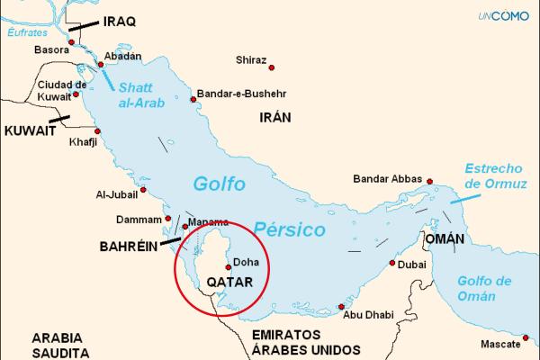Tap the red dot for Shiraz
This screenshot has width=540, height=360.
(x=272, y=66)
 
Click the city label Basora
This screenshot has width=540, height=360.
(x=50, y=49)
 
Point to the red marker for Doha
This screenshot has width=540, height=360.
(x=229, y=266)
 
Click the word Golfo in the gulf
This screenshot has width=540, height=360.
(x=219, y=184)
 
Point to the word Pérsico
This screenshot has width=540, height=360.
(x=289, y=229)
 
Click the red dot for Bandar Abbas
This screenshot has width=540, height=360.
(x=430, y=179)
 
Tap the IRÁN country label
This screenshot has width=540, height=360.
(x=275, y=118)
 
